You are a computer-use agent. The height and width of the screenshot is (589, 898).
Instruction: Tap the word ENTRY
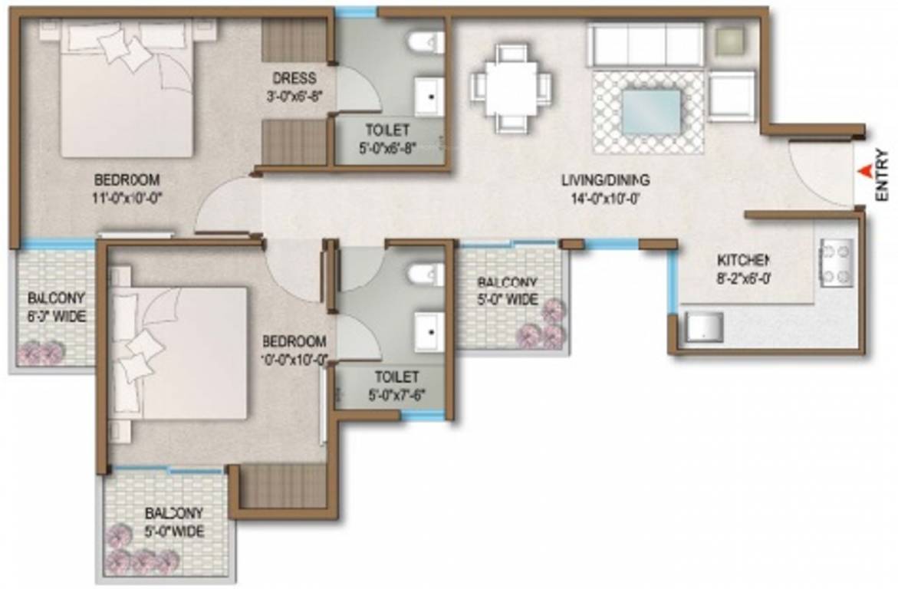pos(883,177)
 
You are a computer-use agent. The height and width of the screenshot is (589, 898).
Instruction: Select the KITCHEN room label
pos(743,259)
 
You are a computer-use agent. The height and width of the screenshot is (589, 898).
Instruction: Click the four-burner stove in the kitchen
pos(837,263)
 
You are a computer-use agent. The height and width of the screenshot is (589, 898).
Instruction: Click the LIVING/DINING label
pos(605,181)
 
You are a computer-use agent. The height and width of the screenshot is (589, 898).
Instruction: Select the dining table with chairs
pos(511,86)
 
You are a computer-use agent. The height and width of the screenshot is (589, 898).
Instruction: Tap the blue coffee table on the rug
pos(650,111)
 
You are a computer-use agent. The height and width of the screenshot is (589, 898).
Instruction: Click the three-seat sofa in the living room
pos(645,44)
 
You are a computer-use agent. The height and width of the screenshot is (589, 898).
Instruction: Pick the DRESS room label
pos(294,78)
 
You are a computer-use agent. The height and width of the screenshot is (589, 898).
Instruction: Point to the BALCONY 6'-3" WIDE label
pos(57,307)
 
